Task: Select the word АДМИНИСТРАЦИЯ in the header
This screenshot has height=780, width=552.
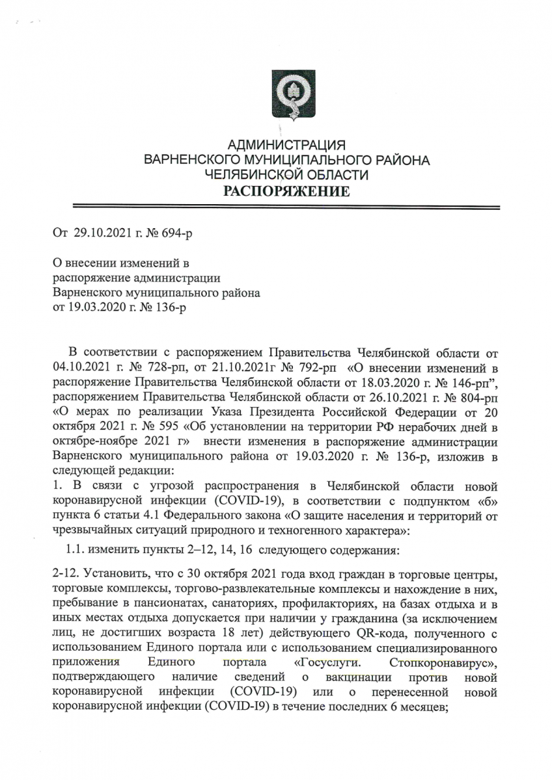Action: pos(286,145)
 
